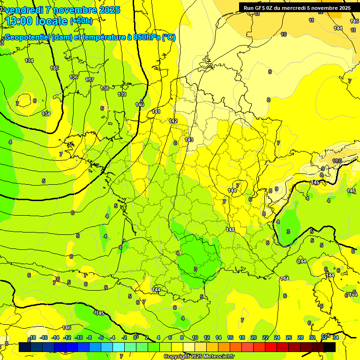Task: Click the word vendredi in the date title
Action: click(24, 10)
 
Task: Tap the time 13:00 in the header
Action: click(22, 21)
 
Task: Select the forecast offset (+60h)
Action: click(81, 21)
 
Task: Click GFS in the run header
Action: click(263, 8)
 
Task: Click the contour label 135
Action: click(54, 68)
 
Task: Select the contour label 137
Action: click(90, 80)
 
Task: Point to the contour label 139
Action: click(122, 95)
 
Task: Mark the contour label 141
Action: click(156, 112)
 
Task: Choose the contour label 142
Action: click(173, 121)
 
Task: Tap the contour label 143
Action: click(189, 140)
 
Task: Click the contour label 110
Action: click(337, 161)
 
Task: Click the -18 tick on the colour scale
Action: click(32, 338)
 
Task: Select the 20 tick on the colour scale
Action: click(253, 338)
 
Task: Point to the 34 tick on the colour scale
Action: click(336, 338)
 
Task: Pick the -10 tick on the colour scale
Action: click(78, 338)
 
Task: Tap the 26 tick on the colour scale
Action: click(288, 338)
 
